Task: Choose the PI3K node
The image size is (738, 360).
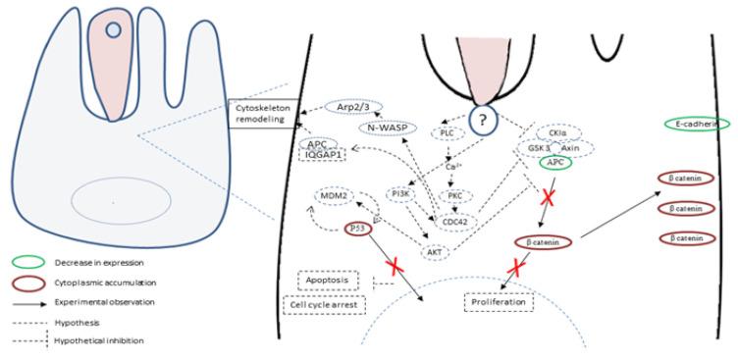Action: coord(402,192)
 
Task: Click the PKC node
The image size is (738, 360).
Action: coord(455,194)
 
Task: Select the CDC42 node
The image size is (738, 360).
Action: coord(455,221)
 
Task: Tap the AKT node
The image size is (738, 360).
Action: coord(433,251)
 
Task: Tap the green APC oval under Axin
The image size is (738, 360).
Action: coord(555,163)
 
